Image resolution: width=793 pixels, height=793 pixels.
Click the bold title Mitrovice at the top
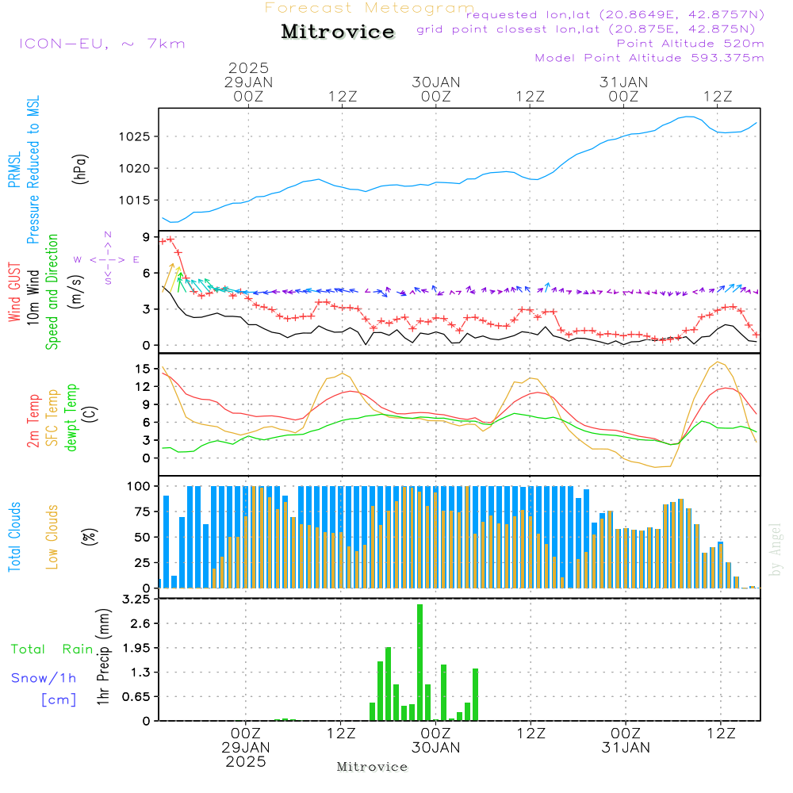pos(338,32)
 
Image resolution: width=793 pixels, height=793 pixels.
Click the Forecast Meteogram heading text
pos(370,8)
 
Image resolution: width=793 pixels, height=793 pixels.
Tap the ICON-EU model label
pos(102,44)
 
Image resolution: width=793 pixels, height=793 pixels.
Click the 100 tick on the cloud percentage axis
pos(140,485)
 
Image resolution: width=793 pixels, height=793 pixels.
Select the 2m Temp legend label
pos(33,419)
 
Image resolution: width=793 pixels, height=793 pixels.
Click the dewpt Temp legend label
pos(71,419)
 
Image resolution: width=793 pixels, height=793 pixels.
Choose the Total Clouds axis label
pos(14,536)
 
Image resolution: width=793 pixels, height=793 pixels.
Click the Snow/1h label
pos(44,678)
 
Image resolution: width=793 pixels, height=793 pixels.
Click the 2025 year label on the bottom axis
pos(246,761)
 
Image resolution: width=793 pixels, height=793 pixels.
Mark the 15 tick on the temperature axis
pos(143,369)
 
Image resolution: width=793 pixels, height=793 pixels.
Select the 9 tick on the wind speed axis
pos(146,236)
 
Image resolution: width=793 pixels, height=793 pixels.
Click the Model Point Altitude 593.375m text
pos(649,58)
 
